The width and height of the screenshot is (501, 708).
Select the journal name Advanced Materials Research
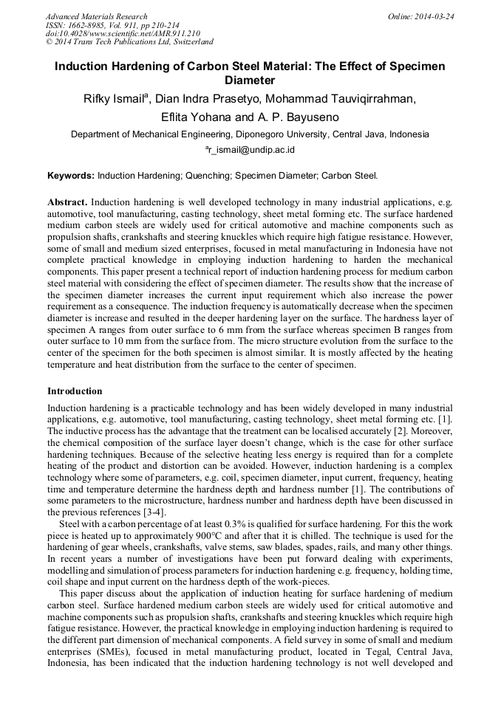[x=96, y=16]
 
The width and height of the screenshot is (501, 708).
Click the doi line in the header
[x=123, y=33]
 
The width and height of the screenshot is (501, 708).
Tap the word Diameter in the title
[x=250, y=80]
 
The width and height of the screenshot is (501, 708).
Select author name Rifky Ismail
[x=114, y=100]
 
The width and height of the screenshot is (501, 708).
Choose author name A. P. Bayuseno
[x=301, y=117]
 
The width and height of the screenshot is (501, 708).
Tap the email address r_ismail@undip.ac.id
[x=251, y=150]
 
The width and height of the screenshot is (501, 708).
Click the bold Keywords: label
[x=71, y=176]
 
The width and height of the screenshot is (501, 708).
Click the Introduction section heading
[x=75, y=391]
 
